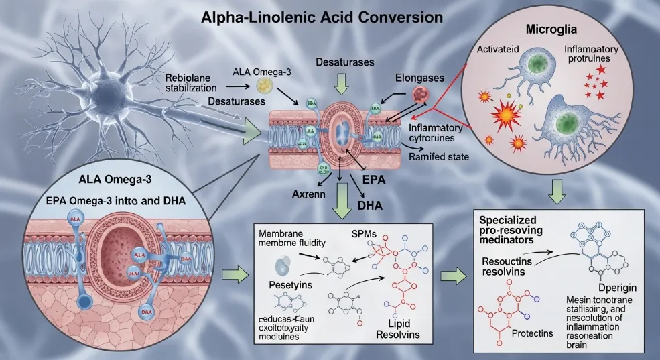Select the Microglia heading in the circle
tap(566, 30)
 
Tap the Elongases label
tap(420, 78)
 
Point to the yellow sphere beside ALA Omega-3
tap(263, 85)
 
